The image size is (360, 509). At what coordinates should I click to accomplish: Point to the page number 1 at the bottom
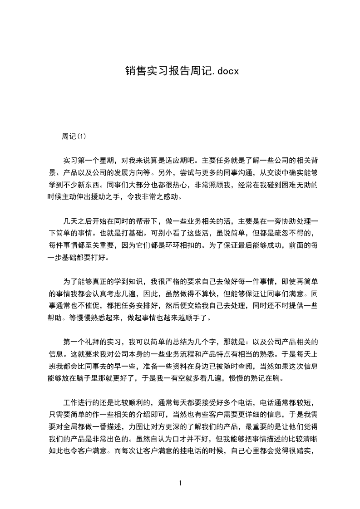coord(180,483)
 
